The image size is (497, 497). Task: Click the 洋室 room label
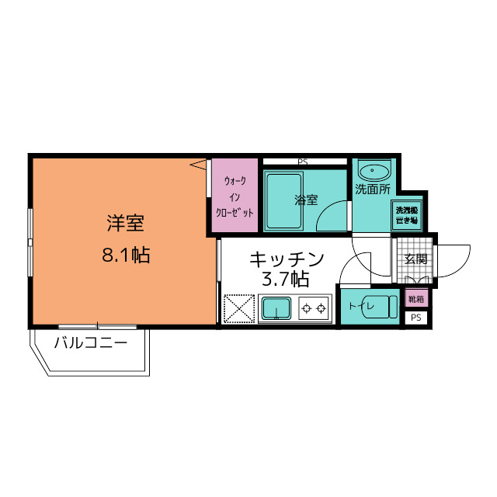[125, 224]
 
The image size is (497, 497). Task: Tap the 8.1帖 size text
[126, 255]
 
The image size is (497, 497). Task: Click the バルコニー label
[90, 342]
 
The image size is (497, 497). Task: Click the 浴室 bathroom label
[305, 200]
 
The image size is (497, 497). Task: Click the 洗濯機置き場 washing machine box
[407, 215]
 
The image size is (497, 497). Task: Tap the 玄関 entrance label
[415, 259]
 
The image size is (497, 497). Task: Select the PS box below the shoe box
[415, 317]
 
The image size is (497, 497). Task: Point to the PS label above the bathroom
[302, 162]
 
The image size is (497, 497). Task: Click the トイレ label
[362, 306]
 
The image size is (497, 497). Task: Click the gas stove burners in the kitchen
[314, 309]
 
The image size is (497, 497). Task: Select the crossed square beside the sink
[239, 309]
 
